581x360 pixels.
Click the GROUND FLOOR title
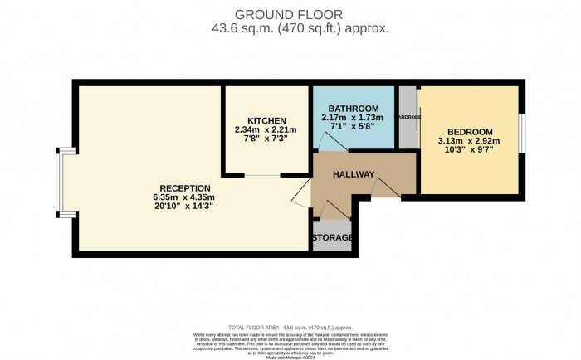click(x=290, y=13)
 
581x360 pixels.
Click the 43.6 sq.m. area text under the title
click(x=290, y=27)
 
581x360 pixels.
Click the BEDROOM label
click(x=470, y=132)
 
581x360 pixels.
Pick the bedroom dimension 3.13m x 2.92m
click(x=470, y=142)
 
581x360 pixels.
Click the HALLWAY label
click(x=354, y=174)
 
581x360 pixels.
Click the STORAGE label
click(x=332, y=238)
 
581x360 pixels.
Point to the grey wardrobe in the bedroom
click(x=408, y=118)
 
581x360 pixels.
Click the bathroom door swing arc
click(x=330, y=143)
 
